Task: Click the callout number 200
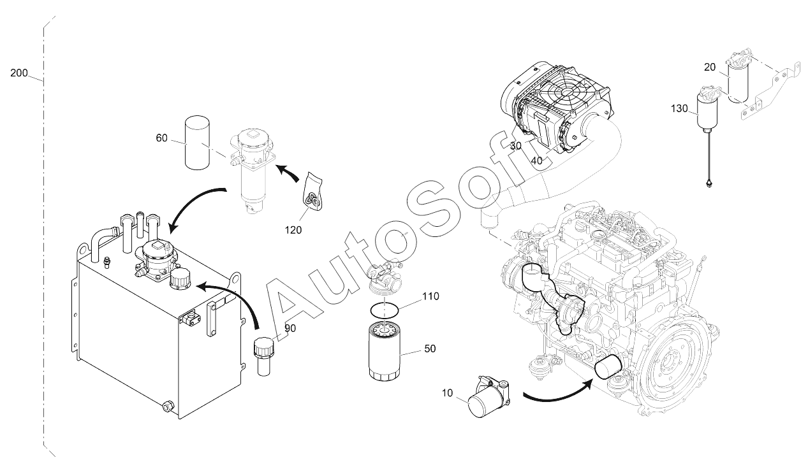19,73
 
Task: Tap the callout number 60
161,138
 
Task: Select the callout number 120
293,229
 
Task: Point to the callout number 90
290,328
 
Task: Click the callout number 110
430,296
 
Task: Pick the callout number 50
430,348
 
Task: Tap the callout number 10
447,392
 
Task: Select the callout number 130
679,108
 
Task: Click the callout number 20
710,68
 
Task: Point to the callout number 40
537,161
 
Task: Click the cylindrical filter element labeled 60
197,142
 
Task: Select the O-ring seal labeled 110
385,310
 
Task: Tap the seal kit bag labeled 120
312,190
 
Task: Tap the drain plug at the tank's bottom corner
168,406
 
